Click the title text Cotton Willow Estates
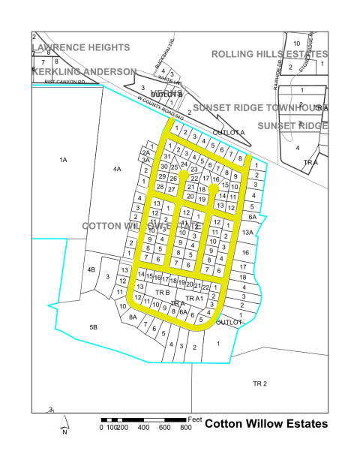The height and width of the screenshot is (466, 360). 266,424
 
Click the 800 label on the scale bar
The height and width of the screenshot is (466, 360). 184,428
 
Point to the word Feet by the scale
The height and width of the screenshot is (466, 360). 196,416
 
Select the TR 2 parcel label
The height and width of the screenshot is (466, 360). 260,383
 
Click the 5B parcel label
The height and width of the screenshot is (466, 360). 94,327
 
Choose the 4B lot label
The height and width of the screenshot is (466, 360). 91,269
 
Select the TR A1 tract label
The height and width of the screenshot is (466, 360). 194,298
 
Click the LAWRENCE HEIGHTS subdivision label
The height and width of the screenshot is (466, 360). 81,47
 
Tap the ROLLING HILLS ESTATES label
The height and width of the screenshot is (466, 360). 269,54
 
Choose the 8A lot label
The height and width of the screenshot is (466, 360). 133,318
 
